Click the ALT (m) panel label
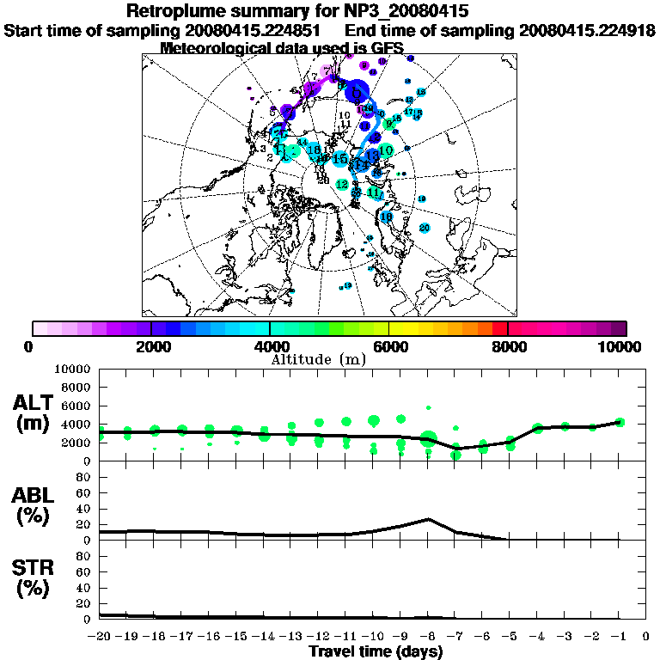click(34, 412)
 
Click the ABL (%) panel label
click(34, 505)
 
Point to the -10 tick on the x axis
click(374, 636)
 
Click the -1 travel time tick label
click(619, 636)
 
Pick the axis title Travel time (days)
click(376, 652)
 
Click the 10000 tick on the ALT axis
click(73, 369)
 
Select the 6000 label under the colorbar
click(388, 347)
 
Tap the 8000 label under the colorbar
click(507, 347)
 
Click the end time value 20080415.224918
click(587, 30)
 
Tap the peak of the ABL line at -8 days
click(429, 519)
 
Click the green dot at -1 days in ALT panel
click(620, 422)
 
